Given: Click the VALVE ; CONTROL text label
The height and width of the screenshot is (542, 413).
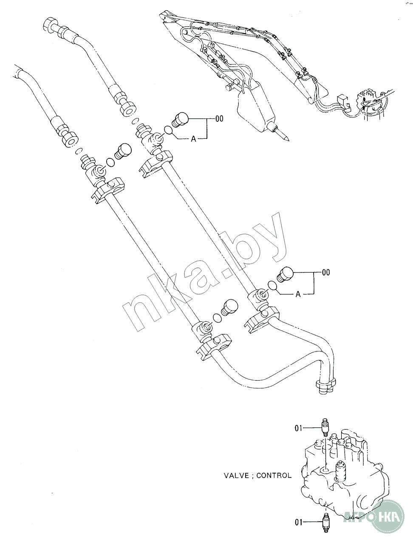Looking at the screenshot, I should point(257,475).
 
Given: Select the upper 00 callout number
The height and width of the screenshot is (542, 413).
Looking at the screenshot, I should point(219,119).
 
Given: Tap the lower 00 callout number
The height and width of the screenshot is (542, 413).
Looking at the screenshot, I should point(325,273).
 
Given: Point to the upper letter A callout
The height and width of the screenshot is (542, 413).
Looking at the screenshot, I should point(193,139).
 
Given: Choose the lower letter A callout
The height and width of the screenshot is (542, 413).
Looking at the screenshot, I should point(298,294).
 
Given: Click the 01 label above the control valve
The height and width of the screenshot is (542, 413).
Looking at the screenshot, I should point(299,428).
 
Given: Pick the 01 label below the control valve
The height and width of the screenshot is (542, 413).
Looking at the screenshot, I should point(299,522).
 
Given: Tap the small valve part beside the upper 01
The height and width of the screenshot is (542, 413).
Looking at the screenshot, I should point(326,427).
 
